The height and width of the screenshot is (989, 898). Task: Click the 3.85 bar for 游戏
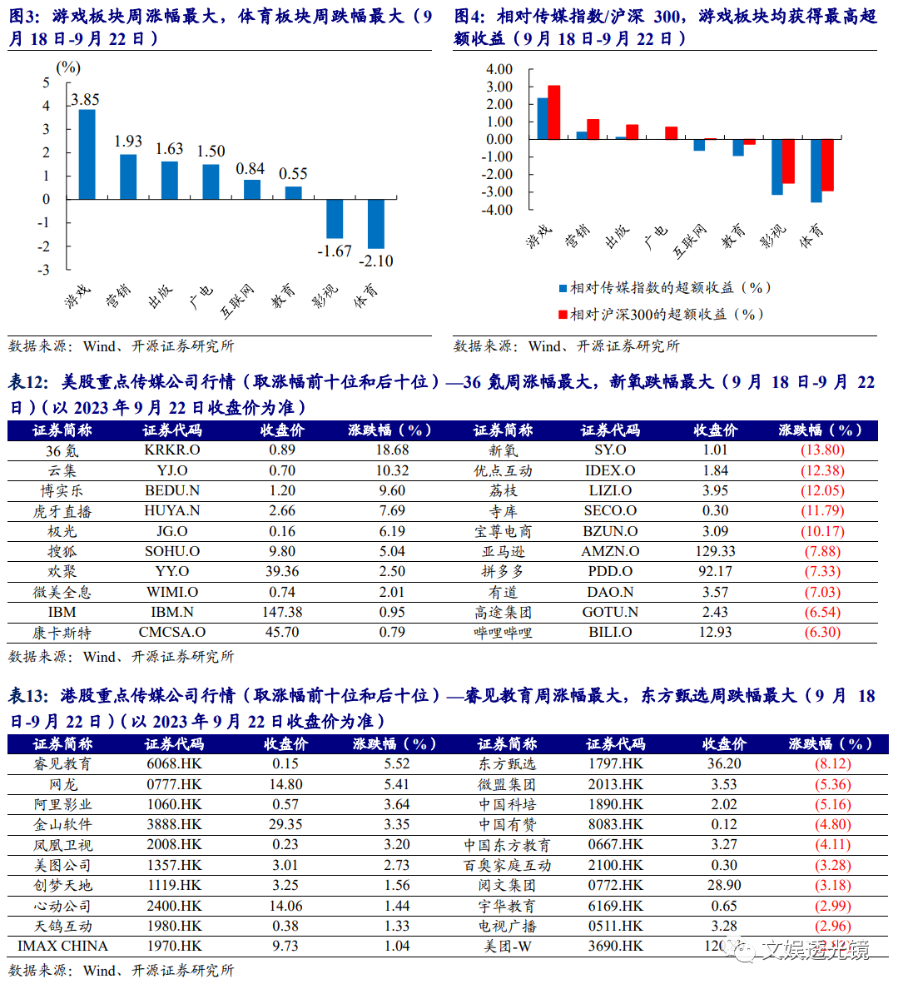(x=87, y=154)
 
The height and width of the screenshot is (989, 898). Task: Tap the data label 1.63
(x=169, y=149)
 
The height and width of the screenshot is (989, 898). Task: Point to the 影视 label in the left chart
(x=325, y=296)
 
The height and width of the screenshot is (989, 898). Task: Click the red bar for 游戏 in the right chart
(x=554, y=112)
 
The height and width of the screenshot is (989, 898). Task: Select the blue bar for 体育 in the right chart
(x=816, y=171)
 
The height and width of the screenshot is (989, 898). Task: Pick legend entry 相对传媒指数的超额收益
(x=667, y=288)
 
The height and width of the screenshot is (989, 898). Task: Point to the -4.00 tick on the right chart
(x=499, y=210)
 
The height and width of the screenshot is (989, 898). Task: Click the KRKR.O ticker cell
(x=172, y=450)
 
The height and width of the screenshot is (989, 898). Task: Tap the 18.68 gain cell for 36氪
(x=392, y=450)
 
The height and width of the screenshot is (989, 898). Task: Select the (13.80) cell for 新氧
(x=822, y=450)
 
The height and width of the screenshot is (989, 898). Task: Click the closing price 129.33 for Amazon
(x=715, y=552)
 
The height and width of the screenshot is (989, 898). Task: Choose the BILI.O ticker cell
(x=610, y=633)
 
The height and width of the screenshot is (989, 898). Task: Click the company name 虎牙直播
(x=62, y=511)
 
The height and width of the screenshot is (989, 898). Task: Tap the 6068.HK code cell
(x=174, y=764)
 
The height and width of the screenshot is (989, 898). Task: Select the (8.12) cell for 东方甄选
(x=832, y=764)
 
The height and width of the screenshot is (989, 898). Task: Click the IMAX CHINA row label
(x=62, y=947)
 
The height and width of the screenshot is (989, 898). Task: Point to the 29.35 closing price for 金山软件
(x=285, y=825)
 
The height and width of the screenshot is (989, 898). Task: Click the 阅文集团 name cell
(x=507, y=886)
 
